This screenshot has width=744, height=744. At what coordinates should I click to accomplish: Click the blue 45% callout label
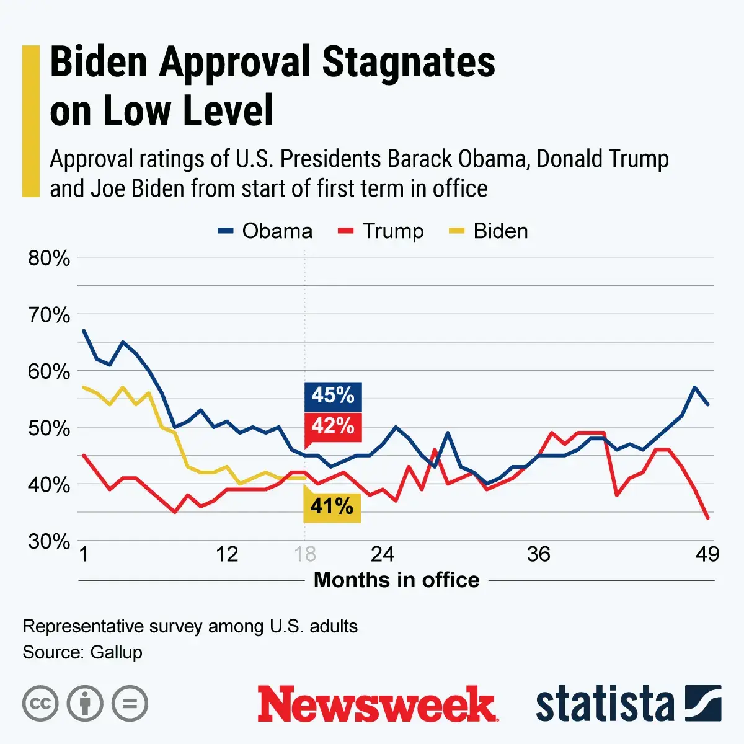point(333,396)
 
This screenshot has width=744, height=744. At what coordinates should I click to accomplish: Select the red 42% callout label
point(333,426)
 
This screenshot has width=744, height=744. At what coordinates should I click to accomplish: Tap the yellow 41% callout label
point(332,507)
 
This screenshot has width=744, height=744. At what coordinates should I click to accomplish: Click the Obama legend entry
point(265,231)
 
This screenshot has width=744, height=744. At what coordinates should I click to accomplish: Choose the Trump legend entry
point(381,231)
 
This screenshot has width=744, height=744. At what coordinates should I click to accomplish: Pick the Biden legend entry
point(489,231)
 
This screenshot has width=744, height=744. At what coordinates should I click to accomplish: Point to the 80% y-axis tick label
point(49,258)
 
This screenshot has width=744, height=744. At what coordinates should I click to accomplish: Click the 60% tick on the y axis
point(49,371)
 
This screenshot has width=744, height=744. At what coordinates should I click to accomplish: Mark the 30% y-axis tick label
point(49,541)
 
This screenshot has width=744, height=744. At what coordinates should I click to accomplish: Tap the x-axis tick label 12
point(227,554)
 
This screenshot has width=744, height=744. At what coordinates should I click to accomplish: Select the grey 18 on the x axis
point(305,554)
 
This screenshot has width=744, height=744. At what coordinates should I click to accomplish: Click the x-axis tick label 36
point(538,554)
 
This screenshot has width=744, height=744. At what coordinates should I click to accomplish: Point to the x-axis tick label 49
point(707,554)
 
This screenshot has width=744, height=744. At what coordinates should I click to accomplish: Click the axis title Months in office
point(397,580)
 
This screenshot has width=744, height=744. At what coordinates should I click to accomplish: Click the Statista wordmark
point(604,704)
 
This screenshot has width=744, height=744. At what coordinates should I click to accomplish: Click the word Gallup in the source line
point(116,652)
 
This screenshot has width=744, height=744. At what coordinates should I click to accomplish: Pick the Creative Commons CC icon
point(40,704)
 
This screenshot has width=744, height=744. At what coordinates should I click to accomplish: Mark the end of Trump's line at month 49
point(707,517)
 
